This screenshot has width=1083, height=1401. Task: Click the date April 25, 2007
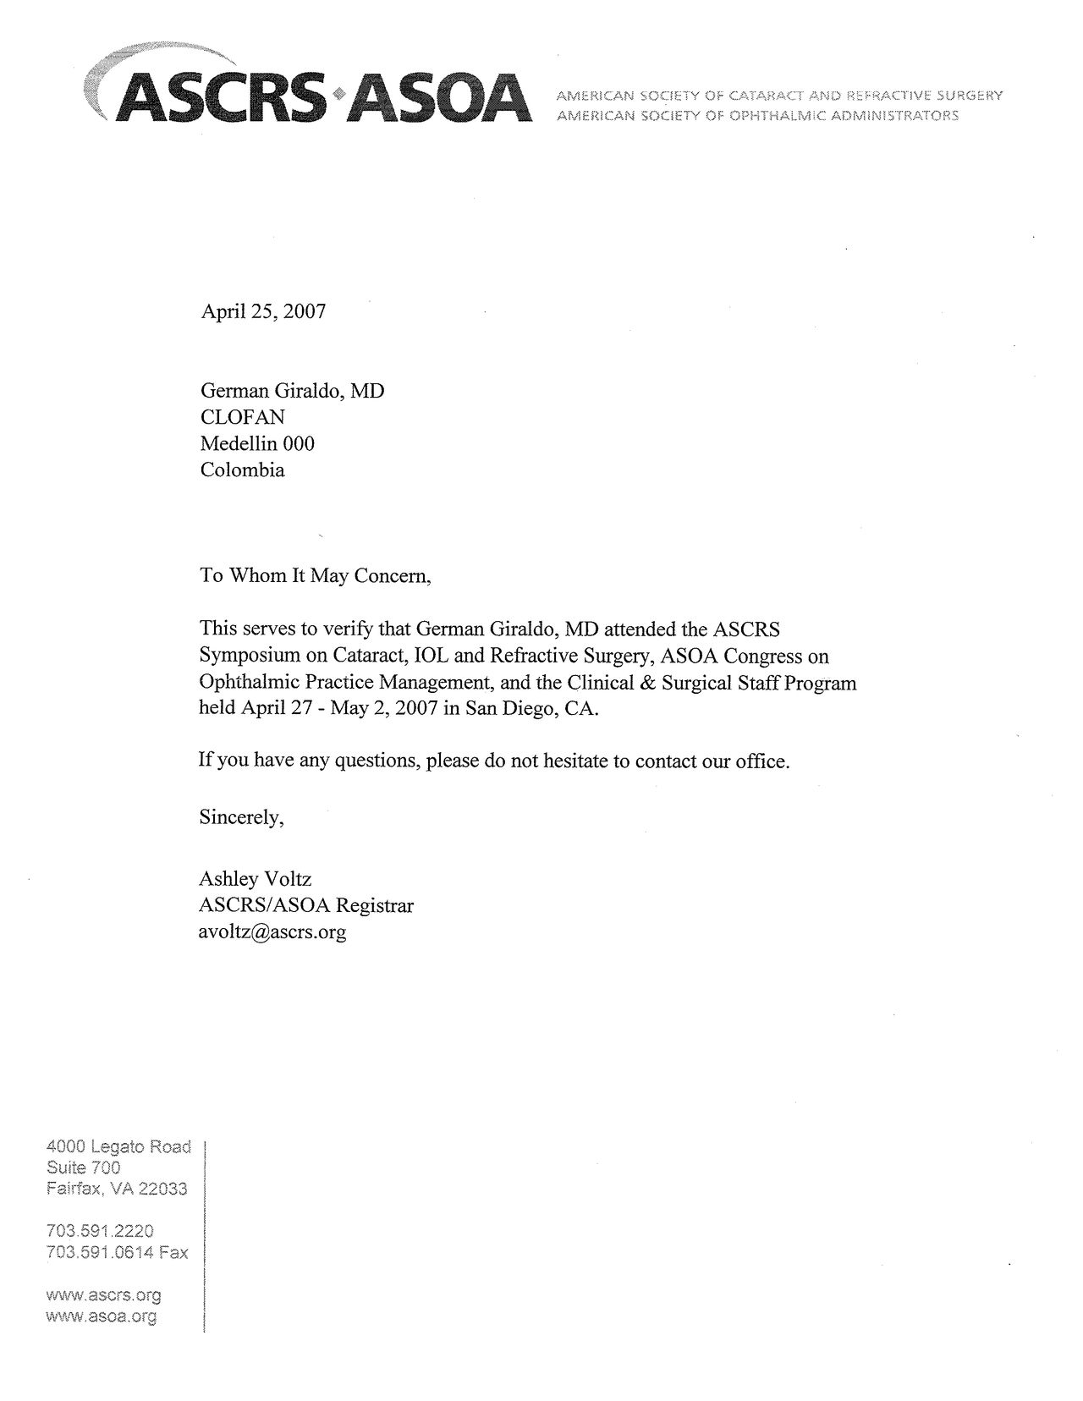[262, 311]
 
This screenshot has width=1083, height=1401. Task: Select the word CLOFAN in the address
[242, 417]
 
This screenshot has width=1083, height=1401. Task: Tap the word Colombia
[242, 470]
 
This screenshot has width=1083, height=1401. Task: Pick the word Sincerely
[240, 817]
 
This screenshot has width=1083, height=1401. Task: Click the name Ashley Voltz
[255, 879]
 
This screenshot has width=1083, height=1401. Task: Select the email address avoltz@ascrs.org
[272, 932]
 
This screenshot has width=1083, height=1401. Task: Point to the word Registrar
[374, 906]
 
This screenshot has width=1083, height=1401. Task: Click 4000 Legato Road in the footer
[118, 1147]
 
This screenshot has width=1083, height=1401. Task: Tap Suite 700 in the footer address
[83, 1167]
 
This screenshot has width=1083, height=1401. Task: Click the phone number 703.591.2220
[100, 1231]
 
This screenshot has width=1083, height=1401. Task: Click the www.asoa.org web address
[102, 1316]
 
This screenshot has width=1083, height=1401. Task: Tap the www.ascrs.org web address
[103, 1295]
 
